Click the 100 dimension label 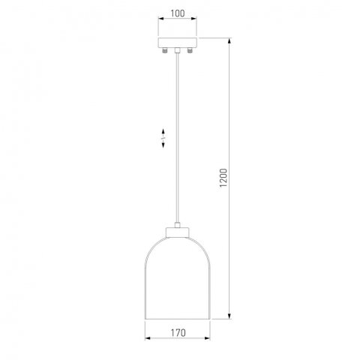click(178, 13)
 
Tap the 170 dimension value click(178, 333)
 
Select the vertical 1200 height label click(223, 178)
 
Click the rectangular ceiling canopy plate click(178, 43)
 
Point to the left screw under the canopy click(164, 50)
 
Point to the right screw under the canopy click(190, 50)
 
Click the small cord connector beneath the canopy click(177, 50)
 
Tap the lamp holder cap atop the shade click(178, 232)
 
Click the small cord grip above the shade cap click(178, 224)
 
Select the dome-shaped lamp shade click(178, 278)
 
